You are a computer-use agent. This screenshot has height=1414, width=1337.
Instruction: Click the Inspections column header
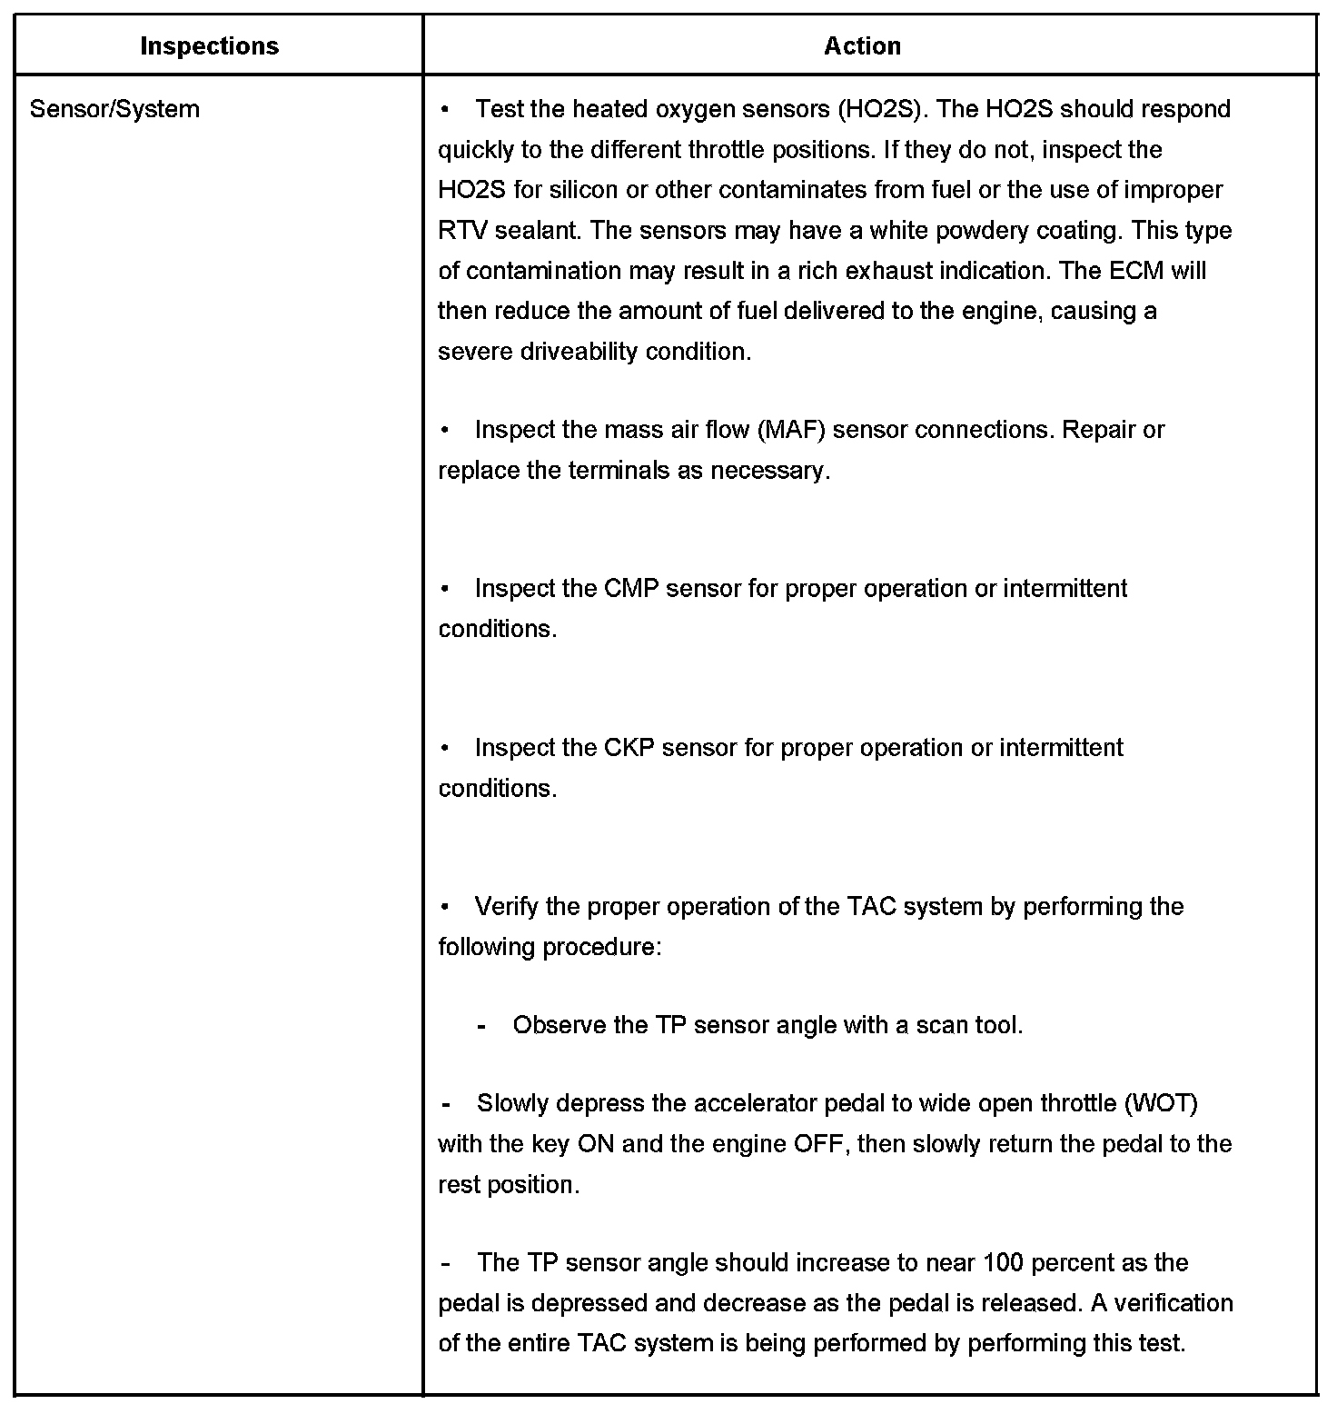point(209,46)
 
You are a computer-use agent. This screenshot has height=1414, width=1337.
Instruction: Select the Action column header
point(862,46)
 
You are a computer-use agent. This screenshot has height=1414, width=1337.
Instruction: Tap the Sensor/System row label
point(114,109)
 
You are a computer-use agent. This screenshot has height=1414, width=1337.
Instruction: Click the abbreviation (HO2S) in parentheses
point(879,109)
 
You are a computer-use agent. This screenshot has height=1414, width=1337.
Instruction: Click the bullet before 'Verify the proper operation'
point(445,907)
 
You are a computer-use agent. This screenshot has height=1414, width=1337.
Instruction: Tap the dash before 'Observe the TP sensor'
point(481,1026)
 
